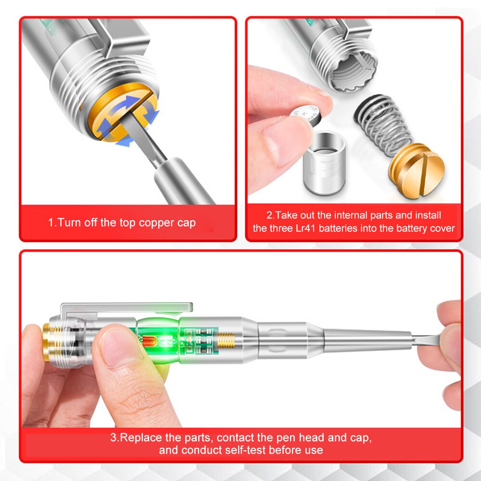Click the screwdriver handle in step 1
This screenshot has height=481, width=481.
(x=183, y=178)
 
